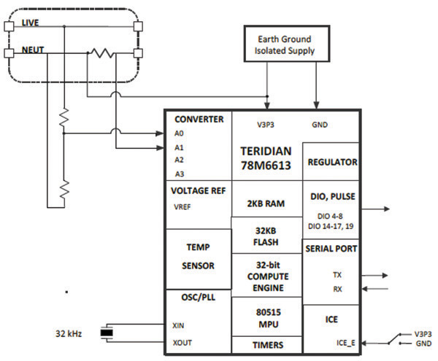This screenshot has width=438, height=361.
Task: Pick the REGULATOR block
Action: pyautogui.click(x=331, y=162)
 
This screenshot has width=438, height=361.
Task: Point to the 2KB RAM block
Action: pyautogui.click(x=266, y=203)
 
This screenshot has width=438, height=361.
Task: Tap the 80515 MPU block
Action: pyautogui.click(x=266, y=317)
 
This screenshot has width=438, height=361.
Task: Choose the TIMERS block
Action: pyautogui.click(x=266, y=345)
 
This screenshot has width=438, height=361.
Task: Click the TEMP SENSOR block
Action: pyautogui.click(x=198, y=257)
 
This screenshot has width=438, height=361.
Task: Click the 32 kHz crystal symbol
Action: pyautogui.click(x=107, y=335)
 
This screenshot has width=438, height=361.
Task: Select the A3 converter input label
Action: pyautogui.click(x=180, y=173)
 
